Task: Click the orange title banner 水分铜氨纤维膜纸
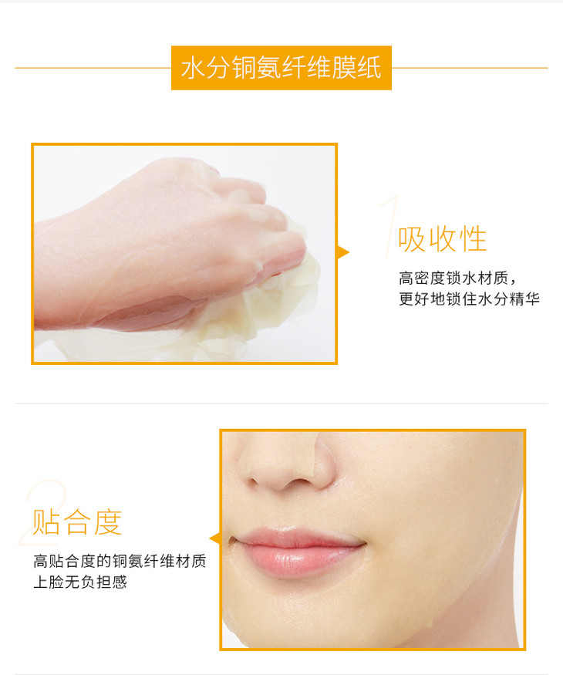pyautogui.click(x=281, y=68)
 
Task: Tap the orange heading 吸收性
pyautogui.click(x=443, y=239)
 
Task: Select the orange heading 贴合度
pyautogui.click(x=77, y=521)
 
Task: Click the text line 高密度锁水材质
pyautogui.click(x=457, y=278)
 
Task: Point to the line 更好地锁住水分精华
pyautogui.click(x=469, y=299)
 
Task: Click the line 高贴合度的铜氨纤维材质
pyautogui.click(x=120, y=561)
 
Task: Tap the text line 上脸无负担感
pyautogui.click(x=80, y=582)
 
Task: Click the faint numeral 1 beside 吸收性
pyautogui.click(x=389, y=226)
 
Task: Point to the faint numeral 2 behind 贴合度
pyautogui.click(x=43, y=512)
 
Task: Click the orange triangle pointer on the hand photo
pyautogui.click(x=342, y=252)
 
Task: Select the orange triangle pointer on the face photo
pyautogui.click(x=214, y=538)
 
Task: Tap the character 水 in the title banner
pyautogui.click(x=192, y=68)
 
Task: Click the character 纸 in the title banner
pyautogui.click(x=369, y=68)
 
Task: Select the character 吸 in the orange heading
pyautogui.click(x=412, y=239)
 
